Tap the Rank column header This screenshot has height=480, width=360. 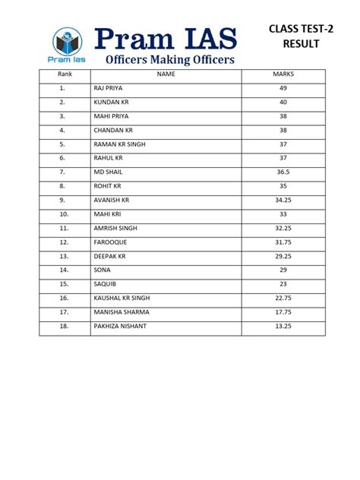coord(63,75)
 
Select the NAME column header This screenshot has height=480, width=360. coord(166,75)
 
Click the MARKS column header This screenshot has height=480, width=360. coord(283,75)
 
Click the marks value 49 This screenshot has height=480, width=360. coord(283,88)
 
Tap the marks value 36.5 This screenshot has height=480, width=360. coord(283,172)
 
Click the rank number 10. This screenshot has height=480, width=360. coord(63,214)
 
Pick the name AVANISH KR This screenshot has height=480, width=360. coord(112,200)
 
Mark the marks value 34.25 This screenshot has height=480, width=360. coord(283,200)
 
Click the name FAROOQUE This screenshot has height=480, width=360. coord(110,242)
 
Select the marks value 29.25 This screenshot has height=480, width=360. coord(283,256)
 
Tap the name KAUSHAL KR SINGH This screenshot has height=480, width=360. coord(121,298)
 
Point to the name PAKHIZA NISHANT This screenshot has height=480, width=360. coord(120,326)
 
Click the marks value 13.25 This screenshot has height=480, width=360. coord(283,326)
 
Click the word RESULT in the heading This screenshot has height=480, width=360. coord(301,44)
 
